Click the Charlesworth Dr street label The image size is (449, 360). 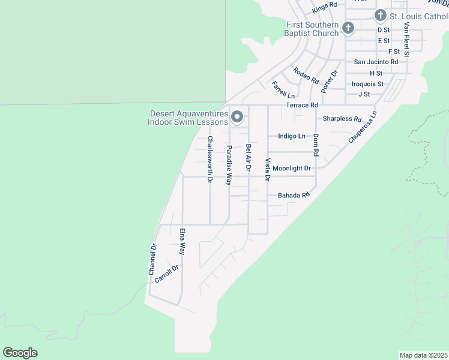pyautogui.click(x=210, y=160)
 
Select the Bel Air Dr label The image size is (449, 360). pyautogui.click(x=248, y=157)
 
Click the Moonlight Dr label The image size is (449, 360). pyautogui.click(x=292, y=169)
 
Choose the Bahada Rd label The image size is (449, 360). pyautogui.click(x=293, y=196)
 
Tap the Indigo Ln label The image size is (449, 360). pyautogui.click(x=292, y=136)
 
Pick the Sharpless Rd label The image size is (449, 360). pyautogui.click(x=342, y=119)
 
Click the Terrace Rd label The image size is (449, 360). pyautogui.click(x=301, y=105)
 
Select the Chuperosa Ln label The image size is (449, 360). pyautogui.click(x=363, y=127)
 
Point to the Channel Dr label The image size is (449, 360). pyautogui.click(x=152, y=260)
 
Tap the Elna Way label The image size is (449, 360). pyautogui.click(x=182, y=241)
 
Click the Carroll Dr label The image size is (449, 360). pyautogui.click(x=167, y=274)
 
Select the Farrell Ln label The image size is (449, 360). pyautogui.click(x=283, y=90)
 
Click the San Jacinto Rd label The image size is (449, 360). pyautogui.click(x=376, y=62)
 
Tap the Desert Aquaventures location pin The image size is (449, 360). pyautogui.click(x=237, y=117)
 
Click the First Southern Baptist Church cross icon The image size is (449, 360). pyautogui.click(x=348, y=28)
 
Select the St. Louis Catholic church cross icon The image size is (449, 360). pyautogui.click(x=380, y=15)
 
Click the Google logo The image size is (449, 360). pyautogui.click(x=20, y=353)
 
